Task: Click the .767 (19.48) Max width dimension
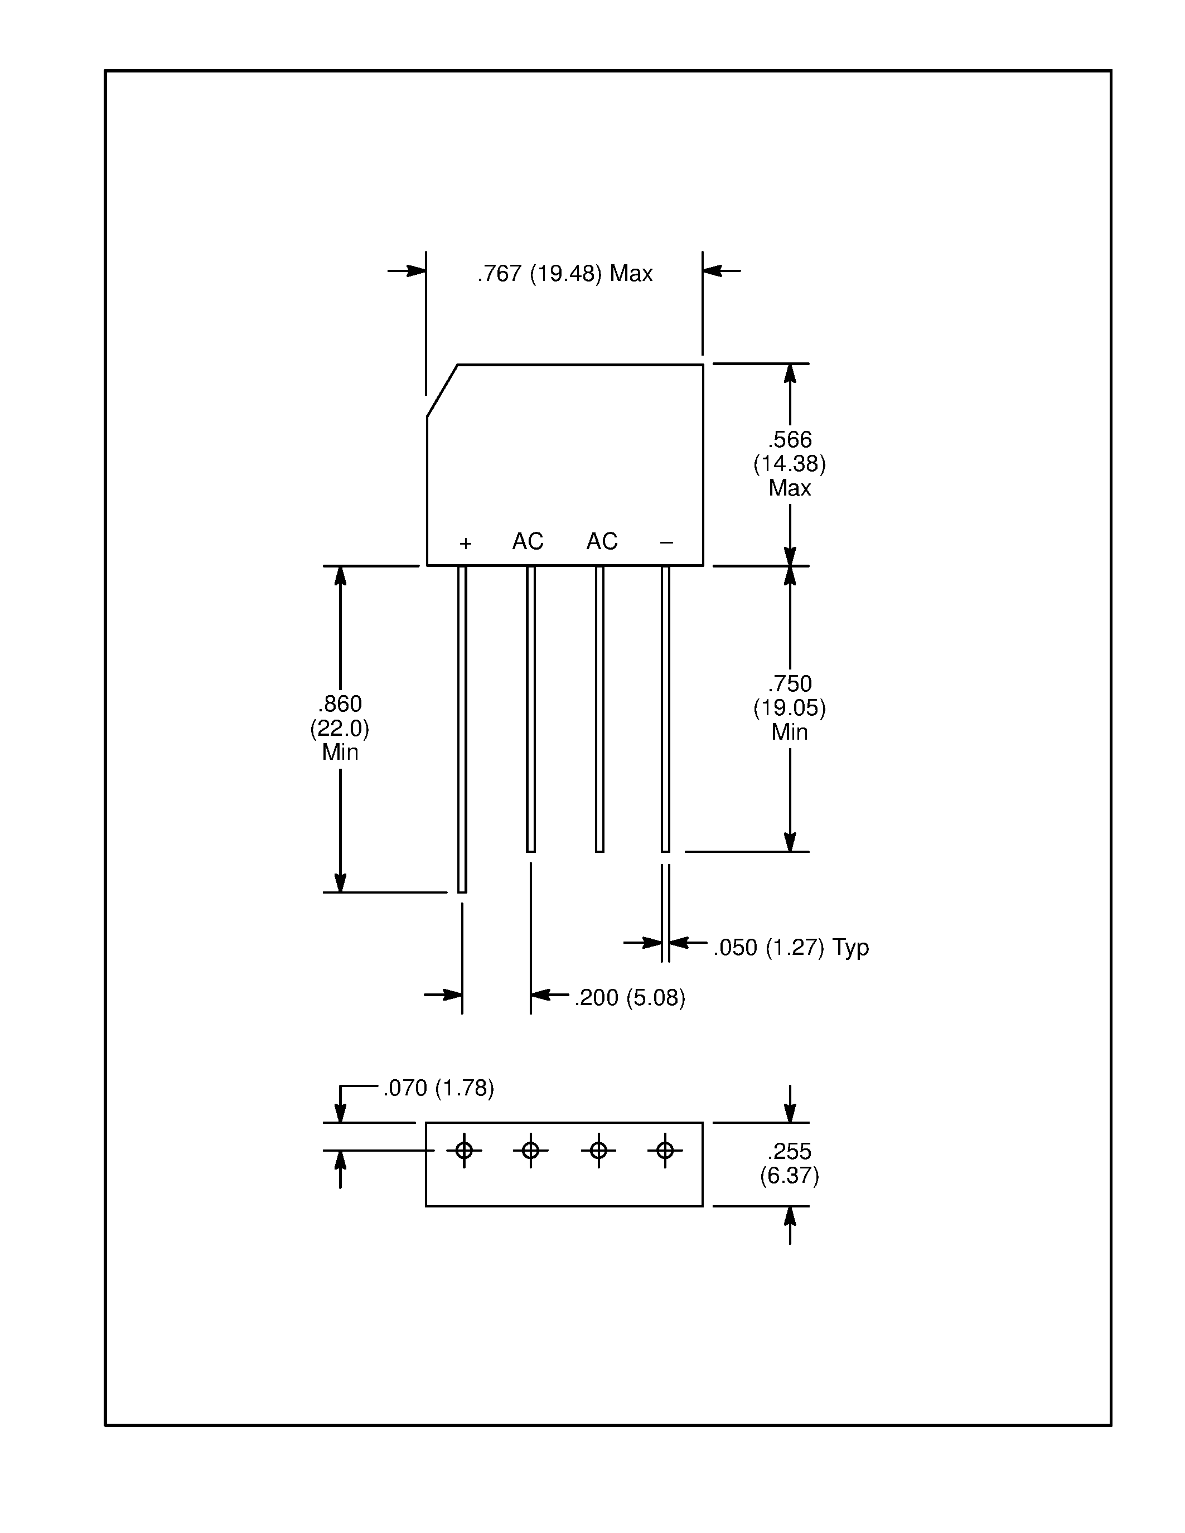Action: click(x=564, y=273)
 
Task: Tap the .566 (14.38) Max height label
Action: click(x=789, y=463)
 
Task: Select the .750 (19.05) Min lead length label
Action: click(x=789, y=707)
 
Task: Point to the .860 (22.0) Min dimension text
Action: click(x=340, y=728)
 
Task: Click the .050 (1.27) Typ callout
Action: click(x=791, y=948)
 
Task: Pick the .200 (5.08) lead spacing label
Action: click(x=629, y=997)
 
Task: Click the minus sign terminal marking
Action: click(x=666, y=542)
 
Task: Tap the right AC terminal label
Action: click(x=602, y=541)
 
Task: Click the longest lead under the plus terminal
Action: click(x=462, y=730)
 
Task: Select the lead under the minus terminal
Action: click(x=665, y=709)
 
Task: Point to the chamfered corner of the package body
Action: click(x=442, y=391)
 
